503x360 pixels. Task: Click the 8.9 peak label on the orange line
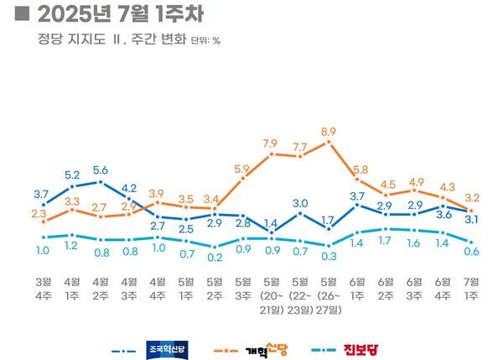coord(328,132)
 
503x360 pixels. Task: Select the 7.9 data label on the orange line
coord(271,143)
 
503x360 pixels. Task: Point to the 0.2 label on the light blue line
coord(214,257)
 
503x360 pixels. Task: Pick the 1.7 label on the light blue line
coord(385,241)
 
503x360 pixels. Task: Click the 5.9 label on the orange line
coord(242,169)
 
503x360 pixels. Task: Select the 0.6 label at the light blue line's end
coord(471,251)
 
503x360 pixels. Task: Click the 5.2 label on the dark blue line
coord(71,175)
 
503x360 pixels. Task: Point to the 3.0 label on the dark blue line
coord(299,203)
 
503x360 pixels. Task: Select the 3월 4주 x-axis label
coord(43,288)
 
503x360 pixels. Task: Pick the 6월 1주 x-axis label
coord(356,288)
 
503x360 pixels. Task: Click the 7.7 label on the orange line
coord(299,148)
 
